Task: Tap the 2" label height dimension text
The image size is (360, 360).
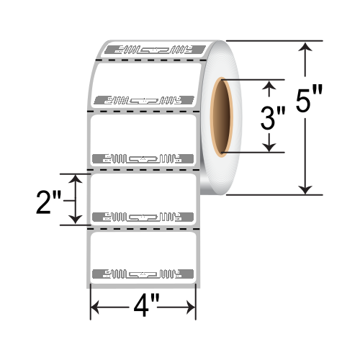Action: pyautogui.click(x=52, y=199)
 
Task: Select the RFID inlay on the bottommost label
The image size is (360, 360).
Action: pyautogui.click(x=143, y=274)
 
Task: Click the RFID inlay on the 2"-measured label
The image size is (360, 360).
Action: pyautogui.click(x=143, y=216)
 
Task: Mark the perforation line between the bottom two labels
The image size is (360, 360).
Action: pyautogui.click(x=143, y=228)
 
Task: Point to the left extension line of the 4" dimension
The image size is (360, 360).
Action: pyautogui.click(x=89, y=299)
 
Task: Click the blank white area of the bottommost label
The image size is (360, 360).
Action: pyautogui.click(x=143, y=248)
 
